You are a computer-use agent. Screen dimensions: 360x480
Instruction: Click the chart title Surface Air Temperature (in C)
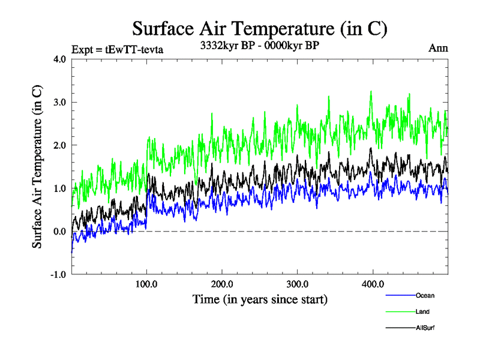[260, 29]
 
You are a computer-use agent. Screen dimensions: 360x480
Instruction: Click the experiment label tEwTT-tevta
[117, 49]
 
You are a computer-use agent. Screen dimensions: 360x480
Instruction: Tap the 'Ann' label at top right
[438, 48]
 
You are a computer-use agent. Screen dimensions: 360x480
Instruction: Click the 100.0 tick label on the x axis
[147, 284]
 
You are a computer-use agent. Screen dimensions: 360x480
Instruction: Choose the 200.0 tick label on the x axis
[223, 284]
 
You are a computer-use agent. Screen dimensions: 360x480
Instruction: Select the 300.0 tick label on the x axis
[298, 284]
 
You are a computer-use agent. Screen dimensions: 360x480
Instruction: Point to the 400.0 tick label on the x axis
[373, 284]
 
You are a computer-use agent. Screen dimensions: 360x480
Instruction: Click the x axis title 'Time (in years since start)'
[260, 299]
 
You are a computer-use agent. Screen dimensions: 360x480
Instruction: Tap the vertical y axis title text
[37, 167]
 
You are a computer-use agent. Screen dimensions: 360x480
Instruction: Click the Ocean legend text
[425, 295]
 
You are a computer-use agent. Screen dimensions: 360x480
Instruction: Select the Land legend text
[422, 311]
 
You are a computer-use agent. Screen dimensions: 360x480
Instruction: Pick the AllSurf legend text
[425, 328]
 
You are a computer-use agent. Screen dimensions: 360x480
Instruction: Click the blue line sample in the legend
[400, 295]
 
